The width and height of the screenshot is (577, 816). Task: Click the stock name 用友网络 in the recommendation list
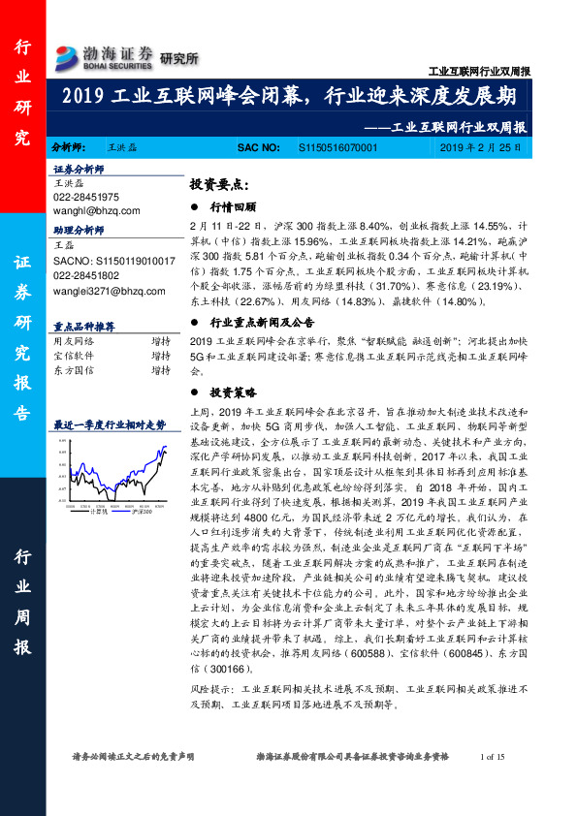(x=73, y=341)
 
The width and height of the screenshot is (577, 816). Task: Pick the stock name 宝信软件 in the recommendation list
(x=73, y=355)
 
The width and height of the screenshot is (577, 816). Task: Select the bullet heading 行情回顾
(x=235, y=207)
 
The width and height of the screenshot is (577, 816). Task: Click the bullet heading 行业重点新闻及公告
(x=262, y=323)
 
